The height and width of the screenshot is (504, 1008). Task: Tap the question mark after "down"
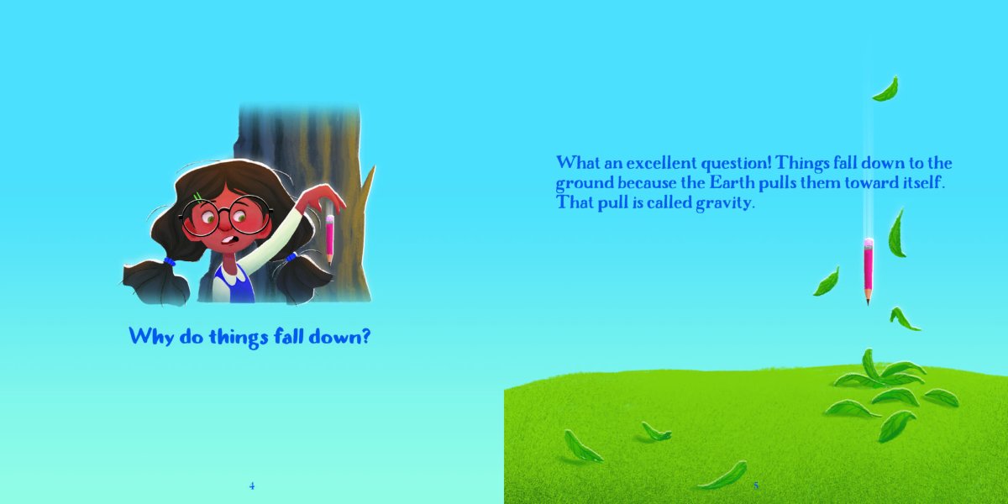coord(365,336)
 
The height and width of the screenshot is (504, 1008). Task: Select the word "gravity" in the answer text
coord(723,203)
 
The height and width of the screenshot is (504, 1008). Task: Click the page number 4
coord(252,486)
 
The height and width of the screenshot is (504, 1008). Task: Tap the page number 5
coord(756,486)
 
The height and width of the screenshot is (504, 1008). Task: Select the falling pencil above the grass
coord(868,270)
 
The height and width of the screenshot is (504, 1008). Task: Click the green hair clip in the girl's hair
coord(197,197)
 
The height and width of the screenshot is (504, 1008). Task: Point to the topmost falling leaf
coord(886,89)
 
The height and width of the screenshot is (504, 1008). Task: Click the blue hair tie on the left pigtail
coord(169,261)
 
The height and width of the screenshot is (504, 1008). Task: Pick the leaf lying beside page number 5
coord(723,476)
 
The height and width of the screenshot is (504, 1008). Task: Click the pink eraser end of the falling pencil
coord(869,243)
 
